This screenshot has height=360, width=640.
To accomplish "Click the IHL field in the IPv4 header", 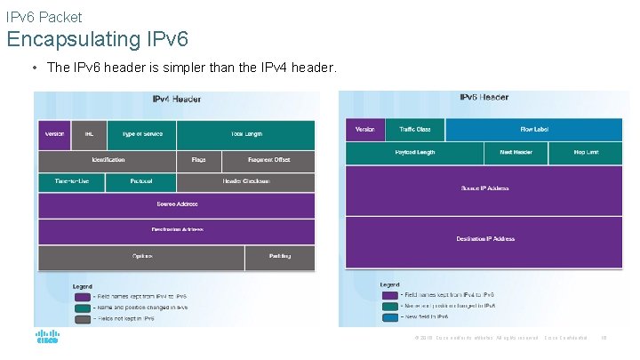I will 90,134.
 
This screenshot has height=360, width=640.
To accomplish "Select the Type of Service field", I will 141,134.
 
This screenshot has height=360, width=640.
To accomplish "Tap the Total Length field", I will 245,134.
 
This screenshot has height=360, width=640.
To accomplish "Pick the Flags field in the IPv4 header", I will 198,160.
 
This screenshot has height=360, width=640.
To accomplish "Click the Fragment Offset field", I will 268,160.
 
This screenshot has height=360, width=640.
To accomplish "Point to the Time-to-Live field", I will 71,182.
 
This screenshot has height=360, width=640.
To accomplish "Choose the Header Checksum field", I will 245,182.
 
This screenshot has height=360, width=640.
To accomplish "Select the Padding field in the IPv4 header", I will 279,257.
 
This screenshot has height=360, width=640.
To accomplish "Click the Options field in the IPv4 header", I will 141,257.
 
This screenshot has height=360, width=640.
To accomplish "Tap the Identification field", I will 108,160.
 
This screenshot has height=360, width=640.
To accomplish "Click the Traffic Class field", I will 414,130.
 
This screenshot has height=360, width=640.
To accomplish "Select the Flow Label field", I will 535,130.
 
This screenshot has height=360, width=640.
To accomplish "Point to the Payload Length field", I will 414,153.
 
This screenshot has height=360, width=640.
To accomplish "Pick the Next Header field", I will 516,153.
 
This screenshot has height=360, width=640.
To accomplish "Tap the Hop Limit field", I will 586,153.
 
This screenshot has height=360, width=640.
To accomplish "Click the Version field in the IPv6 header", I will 364,130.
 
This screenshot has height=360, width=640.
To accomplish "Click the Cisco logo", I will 47,338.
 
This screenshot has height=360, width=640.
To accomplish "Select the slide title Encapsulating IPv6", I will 98,39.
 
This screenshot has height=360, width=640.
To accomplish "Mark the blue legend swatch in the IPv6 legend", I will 389,316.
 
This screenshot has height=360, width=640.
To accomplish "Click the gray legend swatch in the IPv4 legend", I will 82,317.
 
